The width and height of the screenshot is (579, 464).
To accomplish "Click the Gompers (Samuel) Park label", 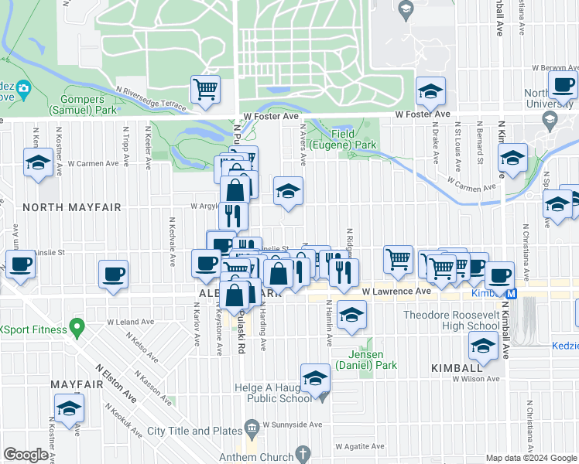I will (x=77, y=104).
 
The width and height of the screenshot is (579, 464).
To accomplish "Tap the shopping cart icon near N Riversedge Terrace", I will (x=205, y=89).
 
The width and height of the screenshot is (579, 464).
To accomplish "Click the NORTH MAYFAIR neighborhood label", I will (x=60, y=207).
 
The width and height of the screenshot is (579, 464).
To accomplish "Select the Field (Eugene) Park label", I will (x=343, y=139).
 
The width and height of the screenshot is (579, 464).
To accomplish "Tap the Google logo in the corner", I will (x=26, y=455).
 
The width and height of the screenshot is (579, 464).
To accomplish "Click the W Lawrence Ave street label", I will (x=396, y=292).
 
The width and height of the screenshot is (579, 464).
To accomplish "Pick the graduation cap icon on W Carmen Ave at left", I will (x=38, y=163).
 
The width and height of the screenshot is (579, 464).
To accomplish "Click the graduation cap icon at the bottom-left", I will (x=69, y=409).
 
